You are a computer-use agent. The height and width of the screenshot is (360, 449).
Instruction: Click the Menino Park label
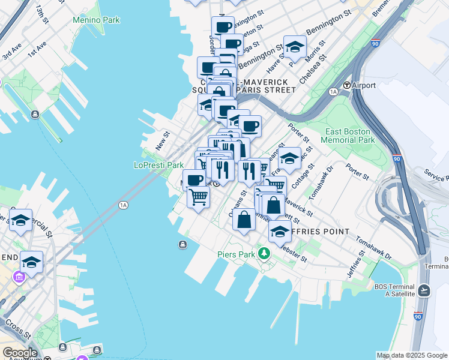click(x=96, y=20)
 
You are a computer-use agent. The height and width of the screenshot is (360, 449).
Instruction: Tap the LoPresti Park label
click(x=158, y=165)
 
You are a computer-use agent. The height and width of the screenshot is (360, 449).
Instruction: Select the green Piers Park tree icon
click(x=264, y=254)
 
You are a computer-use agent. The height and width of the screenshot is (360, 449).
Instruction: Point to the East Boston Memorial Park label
click(x=348, y=136)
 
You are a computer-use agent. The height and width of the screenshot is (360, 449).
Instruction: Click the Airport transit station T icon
click(x=346, y=85)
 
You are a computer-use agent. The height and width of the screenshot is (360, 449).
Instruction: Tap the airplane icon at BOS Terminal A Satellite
click(x=424, y=290)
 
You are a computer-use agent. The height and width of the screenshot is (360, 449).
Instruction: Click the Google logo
click(x=20, y=353)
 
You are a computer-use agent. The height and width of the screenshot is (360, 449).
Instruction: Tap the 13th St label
click(x=41, y=13)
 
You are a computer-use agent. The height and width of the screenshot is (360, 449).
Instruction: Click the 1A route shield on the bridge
click(x=124, y=205)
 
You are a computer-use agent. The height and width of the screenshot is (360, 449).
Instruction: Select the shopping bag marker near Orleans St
click(x=244, y=220)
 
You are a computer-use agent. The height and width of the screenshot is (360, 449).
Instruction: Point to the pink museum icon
click(x=19, y=277)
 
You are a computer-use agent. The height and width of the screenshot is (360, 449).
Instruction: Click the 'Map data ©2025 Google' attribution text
click(x=411, y=355)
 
